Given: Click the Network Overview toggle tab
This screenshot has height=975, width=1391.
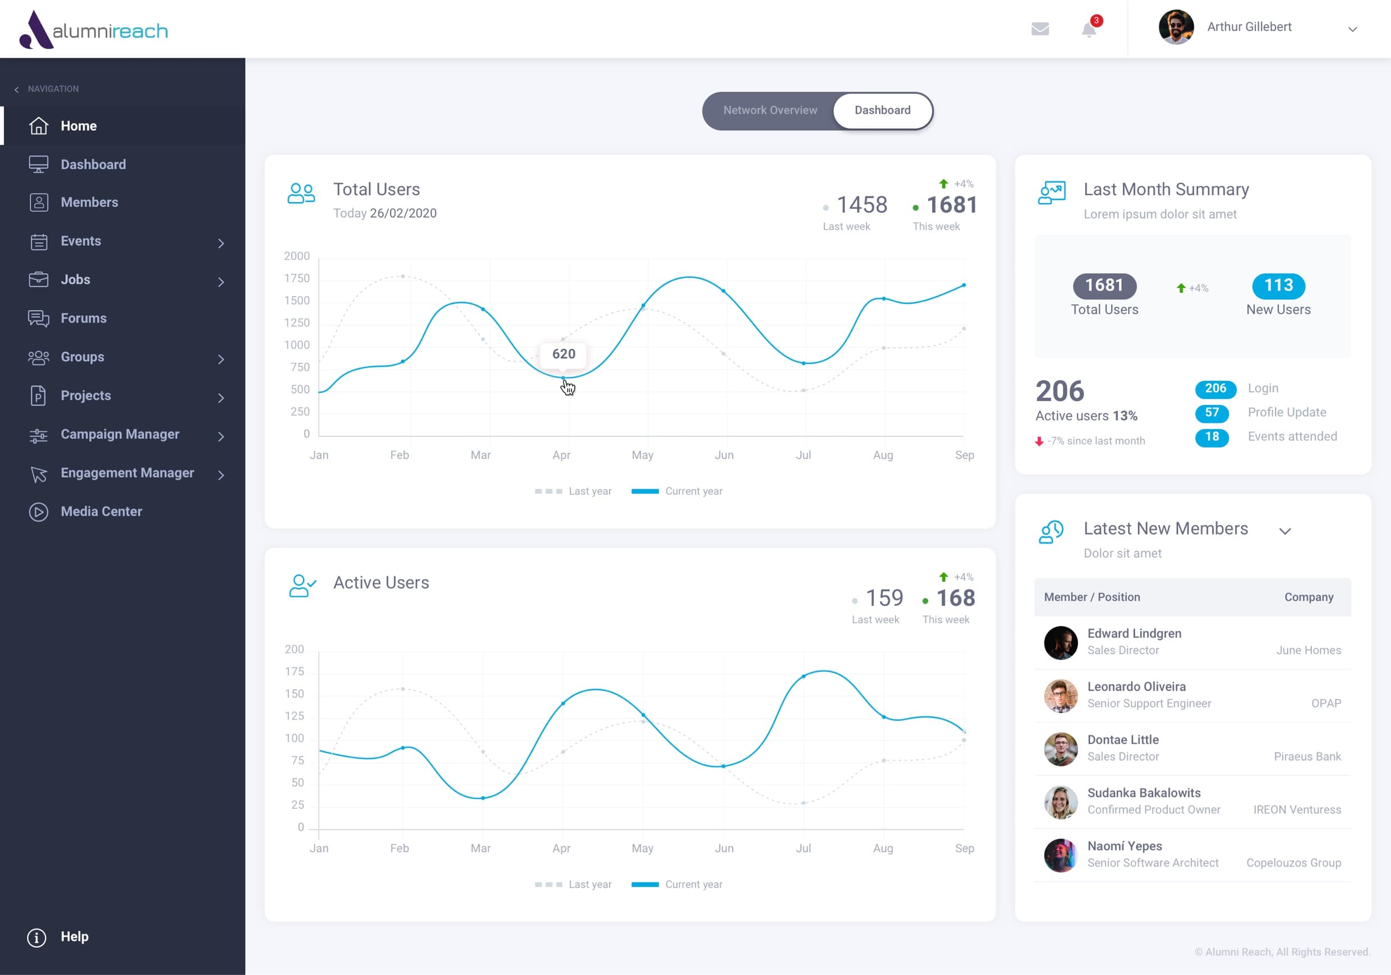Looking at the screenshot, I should (770, 111).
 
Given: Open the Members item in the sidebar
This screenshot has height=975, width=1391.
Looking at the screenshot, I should (89, 203).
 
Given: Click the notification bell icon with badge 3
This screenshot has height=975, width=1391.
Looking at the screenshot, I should (1089, 29).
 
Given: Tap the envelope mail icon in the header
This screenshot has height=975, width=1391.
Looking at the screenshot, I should (1040, 29).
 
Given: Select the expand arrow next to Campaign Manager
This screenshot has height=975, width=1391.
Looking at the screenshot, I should (221, 436).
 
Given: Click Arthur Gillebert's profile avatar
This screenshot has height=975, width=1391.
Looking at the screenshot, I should (1175, 27).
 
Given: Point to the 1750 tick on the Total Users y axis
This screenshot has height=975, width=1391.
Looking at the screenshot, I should (297, 278).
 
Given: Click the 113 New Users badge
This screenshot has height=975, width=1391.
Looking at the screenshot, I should (1278, 286).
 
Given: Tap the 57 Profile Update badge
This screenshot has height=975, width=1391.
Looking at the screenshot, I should (1211, 413).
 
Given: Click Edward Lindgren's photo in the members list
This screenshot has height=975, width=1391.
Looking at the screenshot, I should (1060, 642).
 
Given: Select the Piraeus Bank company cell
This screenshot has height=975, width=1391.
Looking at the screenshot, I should (1307, 756).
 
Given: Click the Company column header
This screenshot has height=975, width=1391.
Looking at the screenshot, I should (1309, 597).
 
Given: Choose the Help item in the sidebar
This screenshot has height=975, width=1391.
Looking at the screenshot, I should (74, 936).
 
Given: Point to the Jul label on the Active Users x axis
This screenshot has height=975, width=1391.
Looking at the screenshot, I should (803, 848).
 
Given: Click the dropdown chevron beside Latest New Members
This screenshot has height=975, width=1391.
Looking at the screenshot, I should (1284, 531).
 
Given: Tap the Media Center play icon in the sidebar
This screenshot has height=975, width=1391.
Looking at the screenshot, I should (38, 512).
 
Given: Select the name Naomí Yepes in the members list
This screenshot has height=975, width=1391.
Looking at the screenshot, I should (1124, 846).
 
